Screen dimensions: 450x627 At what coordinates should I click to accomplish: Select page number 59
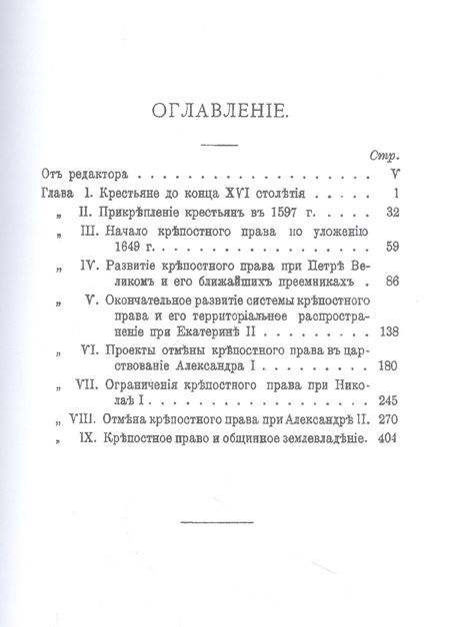coord(393,247)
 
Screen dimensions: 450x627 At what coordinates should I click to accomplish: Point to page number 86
coord(393,283)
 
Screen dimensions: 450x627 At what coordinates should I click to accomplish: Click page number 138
coord(390,334)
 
